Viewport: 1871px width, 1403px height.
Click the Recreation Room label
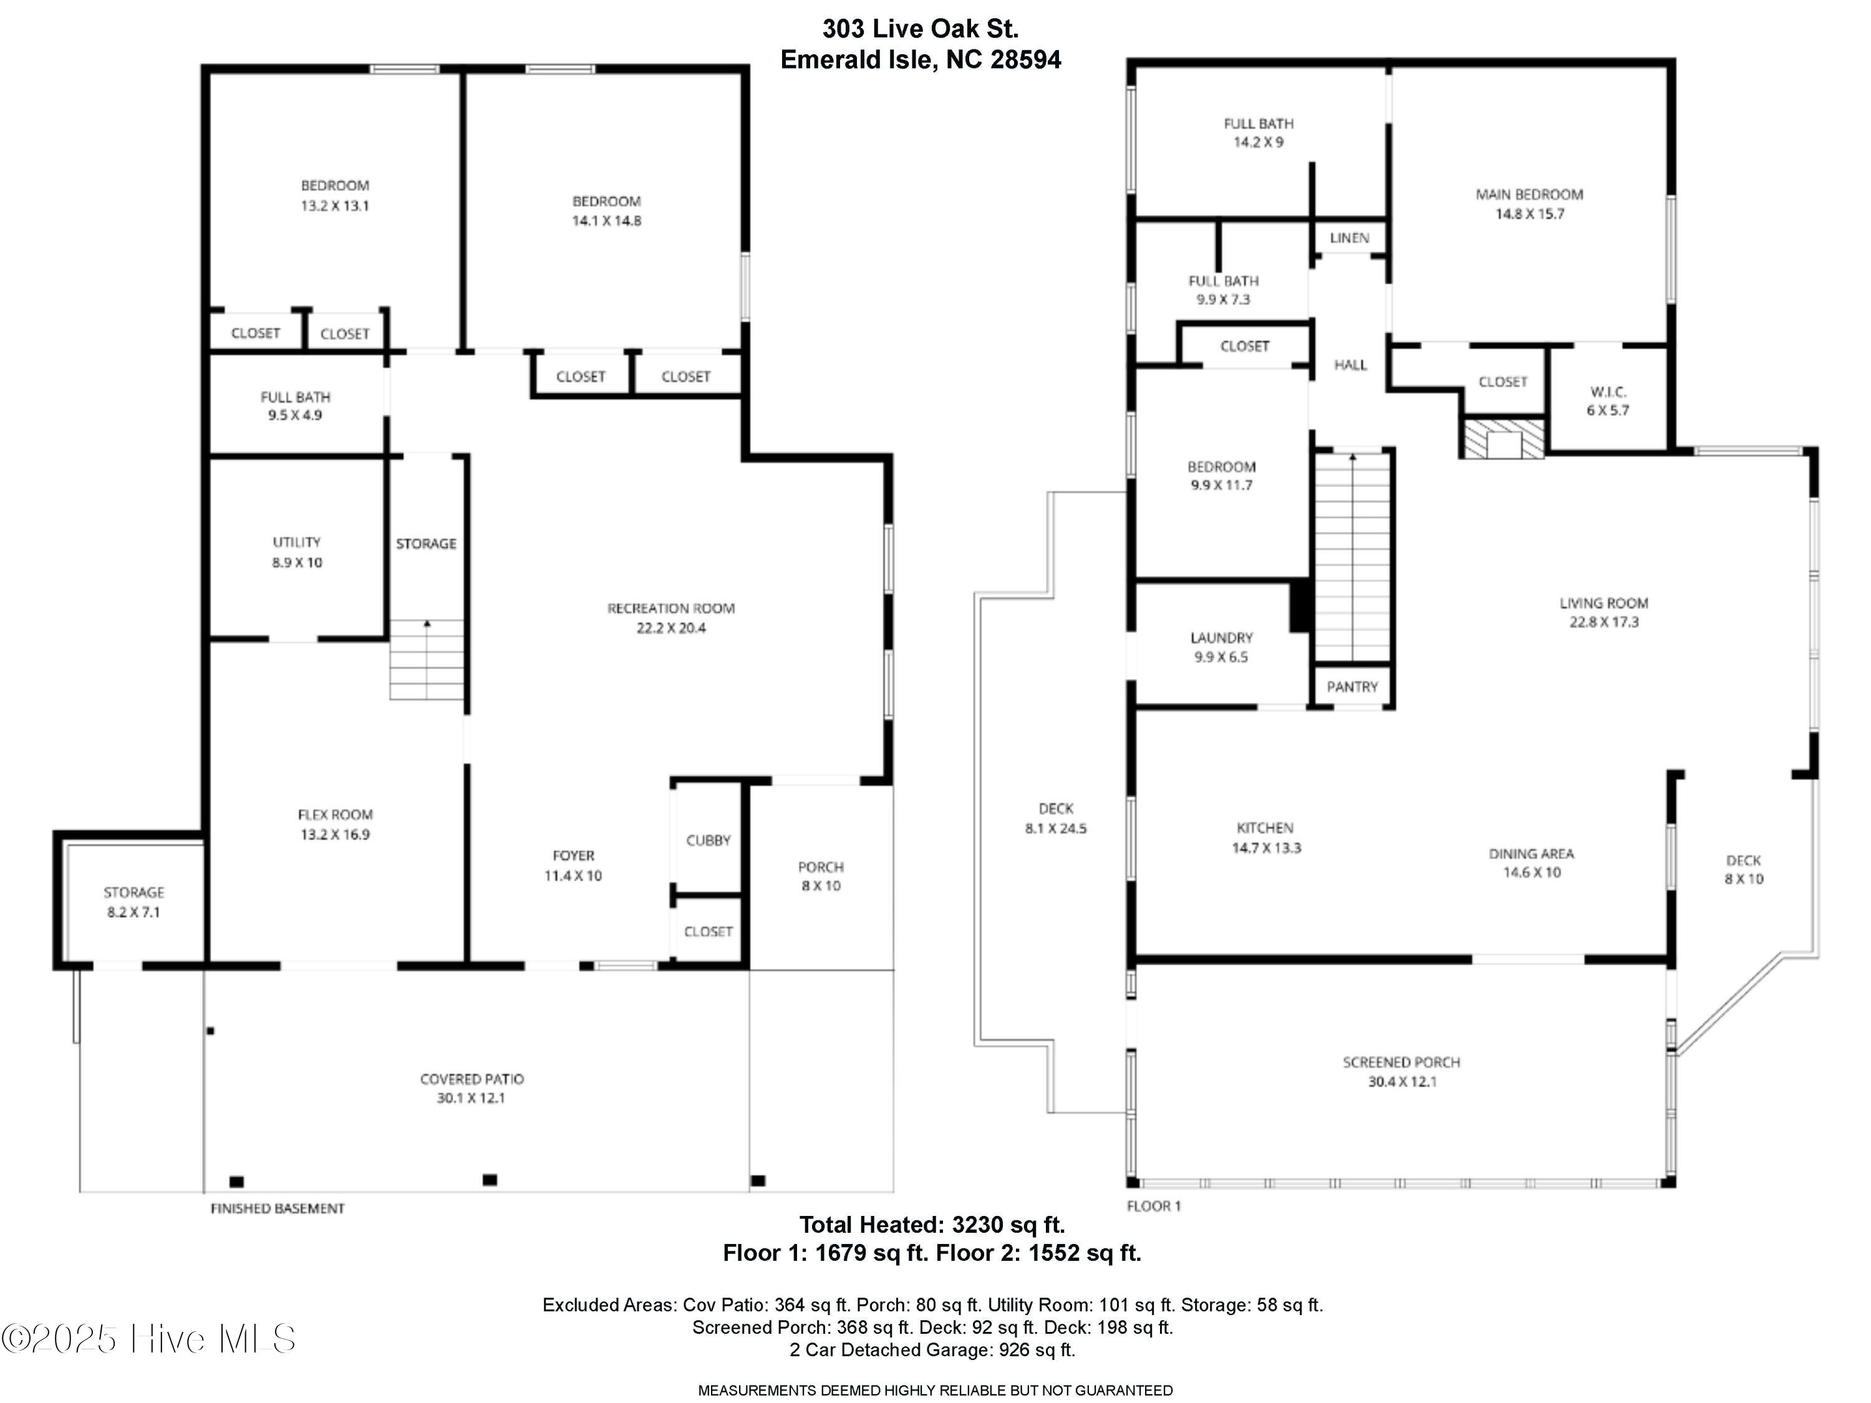(x=670, y=608)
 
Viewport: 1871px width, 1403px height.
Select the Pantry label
(x=1351, y=687)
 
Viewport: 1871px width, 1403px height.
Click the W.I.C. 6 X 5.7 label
(x=1607, y=401)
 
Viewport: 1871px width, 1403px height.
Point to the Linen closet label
(x=1348, y=238)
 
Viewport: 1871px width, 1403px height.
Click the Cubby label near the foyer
(x=708, y=840)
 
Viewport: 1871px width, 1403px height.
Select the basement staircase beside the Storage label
(x=427, y=660)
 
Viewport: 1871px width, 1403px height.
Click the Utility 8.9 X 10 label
(x=297, y=551)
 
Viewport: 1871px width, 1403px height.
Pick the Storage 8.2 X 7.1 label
(x=133, y=902)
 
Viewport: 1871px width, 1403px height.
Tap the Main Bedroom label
(x=1529, y=195)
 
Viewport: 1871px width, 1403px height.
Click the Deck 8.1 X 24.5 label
(x=1056, y=817)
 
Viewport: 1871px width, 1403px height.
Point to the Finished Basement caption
(x=278, y=1208)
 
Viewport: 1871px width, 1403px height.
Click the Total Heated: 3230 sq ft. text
(x=932, y=1223)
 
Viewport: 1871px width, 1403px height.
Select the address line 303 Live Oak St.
(x=921, y=29)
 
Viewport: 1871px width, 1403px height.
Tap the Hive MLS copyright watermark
(x=149, y=1339)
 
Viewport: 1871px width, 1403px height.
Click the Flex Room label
(x=335, y=814)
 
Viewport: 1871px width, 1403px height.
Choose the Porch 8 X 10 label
(x=821, y=875)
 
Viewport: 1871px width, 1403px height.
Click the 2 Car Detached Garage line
(x=932, y=1350)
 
